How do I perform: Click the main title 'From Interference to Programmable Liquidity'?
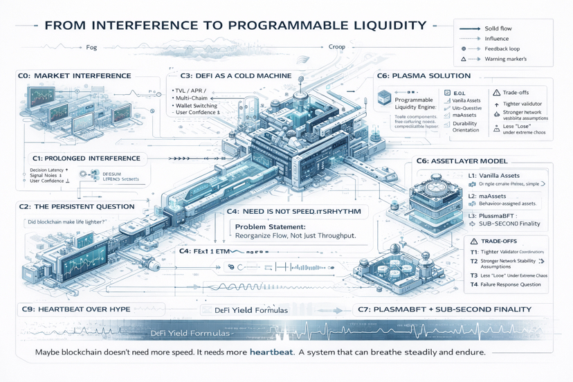235,26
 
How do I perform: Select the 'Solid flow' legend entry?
498,28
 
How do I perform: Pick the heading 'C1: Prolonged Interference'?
86,158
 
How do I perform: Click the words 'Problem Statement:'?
270,227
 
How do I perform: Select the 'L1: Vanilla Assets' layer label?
493,176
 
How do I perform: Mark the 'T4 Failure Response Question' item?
505,284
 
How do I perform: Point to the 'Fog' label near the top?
91,48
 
